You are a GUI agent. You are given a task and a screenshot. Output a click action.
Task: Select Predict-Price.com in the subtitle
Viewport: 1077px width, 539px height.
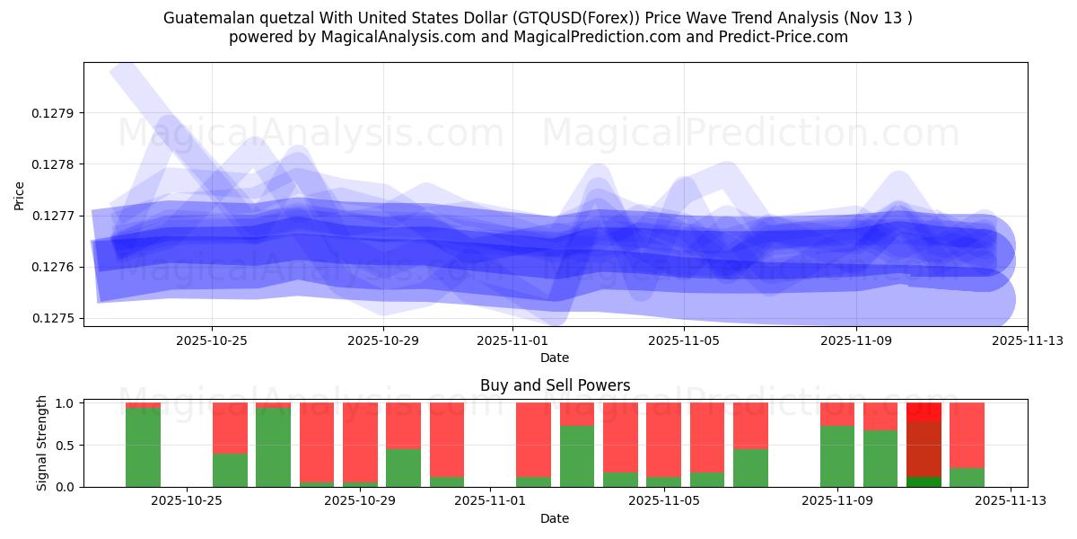point(776,37)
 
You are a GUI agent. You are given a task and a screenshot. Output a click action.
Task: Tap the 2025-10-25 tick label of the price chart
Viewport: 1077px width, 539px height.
point(212,340)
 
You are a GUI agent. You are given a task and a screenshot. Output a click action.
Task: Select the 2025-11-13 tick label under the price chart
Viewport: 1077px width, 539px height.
point(1027,340)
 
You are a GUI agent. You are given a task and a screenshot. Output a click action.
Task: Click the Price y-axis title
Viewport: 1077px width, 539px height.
point(20,194)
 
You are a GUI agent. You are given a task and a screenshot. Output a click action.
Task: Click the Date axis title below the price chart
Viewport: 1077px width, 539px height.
point(555,358)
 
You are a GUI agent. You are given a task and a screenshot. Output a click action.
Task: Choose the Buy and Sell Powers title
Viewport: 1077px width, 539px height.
point(555,385)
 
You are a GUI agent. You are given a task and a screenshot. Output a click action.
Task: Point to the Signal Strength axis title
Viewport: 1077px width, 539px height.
point(42,444)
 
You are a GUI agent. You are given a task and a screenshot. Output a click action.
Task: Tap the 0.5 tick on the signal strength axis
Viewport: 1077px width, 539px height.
point(66,445)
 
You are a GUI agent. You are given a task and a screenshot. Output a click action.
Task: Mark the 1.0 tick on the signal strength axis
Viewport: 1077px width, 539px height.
point(66,403)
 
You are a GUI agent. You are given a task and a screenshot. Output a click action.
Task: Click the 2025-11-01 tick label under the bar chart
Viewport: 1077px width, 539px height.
point(489,501)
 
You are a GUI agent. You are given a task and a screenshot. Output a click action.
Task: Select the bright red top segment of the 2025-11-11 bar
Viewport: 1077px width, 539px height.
point(924,411)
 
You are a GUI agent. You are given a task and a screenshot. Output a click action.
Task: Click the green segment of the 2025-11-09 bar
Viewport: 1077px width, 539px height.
point(836,456)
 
